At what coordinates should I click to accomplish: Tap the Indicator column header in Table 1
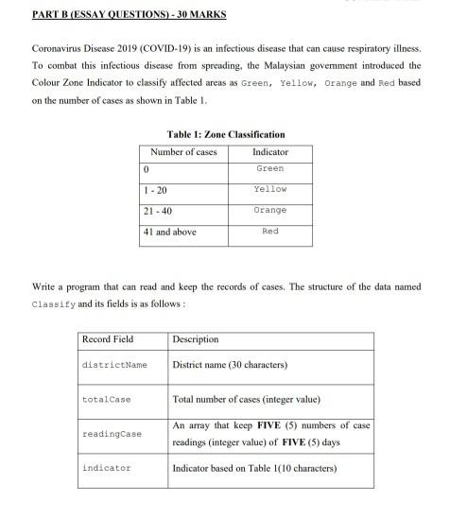click(x=270, y=152)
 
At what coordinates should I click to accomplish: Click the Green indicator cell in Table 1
click(x=270, y=169)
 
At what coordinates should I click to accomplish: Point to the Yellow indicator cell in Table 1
click(x=270, y=190)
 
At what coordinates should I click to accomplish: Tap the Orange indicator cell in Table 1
click(x=270, y=211)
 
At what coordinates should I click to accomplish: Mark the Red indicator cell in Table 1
click(x=270, y=232)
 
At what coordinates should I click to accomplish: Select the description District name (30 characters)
click(x=230, y=365)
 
